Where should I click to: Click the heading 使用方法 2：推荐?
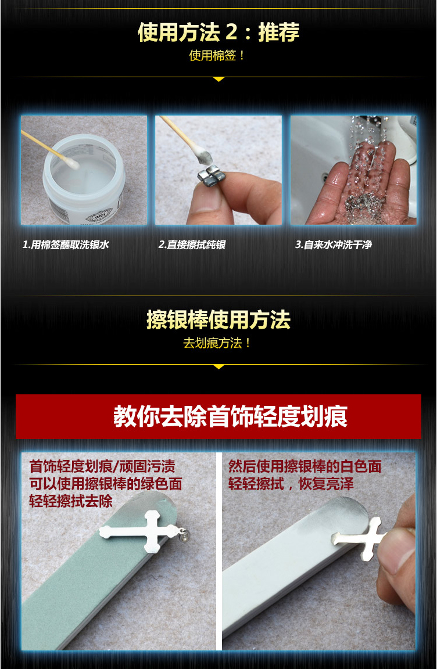click(218, 32)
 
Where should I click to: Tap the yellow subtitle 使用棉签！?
click(217, 56)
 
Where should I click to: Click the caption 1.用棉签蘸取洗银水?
click(66, 244)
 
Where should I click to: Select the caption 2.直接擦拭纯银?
click(192, 244)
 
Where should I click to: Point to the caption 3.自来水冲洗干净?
click(334, 244)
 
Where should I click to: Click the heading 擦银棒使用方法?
click(218, 319)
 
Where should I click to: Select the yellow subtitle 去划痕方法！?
click(217, 343)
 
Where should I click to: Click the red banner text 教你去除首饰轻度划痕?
click(231, 417)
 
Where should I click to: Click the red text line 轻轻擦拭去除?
click(71, 501)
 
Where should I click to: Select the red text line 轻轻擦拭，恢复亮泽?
click(291, 484)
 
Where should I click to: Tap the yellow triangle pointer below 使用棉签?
click(218, 79)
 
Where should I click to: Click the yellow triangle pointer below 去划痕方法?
click(218, 366)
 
